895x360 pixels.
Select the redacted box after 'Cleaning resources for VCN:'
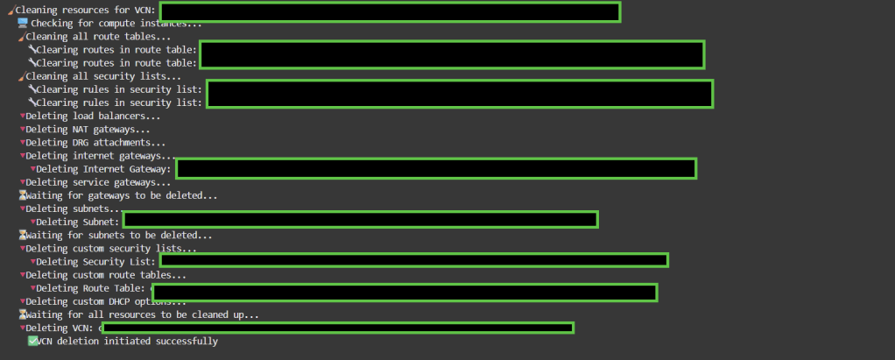pos(390,12)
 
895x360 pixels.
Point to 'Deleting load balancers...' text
pos(93,116)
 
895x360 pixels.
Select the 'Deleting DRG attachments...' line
pos(95,143)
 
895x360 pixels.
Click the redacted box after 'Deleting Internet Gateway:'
pos(436,168)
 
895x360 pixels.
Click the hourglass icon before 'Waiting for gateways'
pos(23,195)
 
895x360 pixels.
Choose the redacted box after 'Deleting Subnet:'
pos(360,220)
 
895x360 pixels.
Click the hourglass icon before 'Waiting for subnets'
pos(23,235)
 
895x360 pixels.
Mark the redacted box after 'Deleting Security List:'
pos(413,260)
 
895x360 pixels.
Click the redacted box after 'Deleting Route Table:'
pos(405,292)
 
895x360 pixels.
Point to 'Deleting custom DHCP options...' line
pos(106,301)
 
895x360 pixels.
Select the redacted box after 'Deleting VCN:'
pos(338,328)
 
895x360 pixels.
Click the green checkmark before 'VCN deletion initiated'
pos(32,341)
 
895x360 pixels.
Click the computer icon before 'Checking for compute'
pos(23,24)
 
